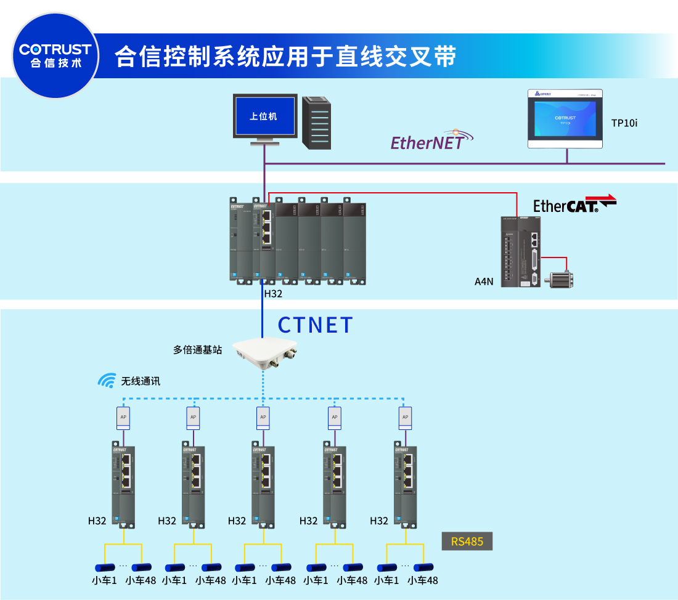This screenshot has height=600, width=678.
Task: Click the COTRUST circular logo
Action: [55, 55]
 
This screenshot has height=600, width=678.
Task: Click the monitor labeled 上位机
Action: [264, 116]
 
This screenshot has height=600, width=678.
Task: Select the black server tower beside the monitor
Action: [317, 123]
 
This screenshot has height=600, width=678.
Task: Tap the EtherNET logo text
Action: [427, 142]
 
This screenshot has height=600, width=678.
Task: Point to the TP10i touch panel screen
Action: [565, 120]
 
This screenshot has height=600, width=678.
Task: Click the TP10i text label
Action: [624, 123]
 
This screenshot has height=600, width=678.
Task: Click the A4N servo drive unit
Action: [521, 253]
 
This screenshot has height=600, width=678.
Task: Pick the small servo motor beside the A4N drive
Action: [562, 279]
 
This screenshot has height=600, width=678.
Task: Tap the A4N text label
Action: [484, 282]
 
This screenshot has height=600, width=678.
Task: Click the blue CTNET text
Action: [316, 325]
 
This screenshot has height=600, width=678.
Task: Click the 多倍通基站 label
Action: [197, 350]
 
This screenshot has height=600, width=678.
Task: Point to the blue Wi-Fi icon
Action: [107, 381]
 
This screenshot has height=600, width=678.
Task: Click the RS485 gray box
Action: [467, 541]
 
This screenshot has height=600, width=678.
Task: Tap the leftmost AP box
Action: [123, 418]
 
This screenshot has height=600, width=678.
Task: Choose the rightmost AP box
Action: [405, 418]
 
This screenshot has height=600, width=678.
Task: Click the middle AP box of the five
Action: [263, 418]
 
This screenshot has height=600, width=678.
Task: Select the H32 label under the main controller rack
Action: [273, 294]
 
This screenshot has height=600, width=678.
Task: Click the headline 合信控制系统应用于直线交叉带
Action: [285, 56]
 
